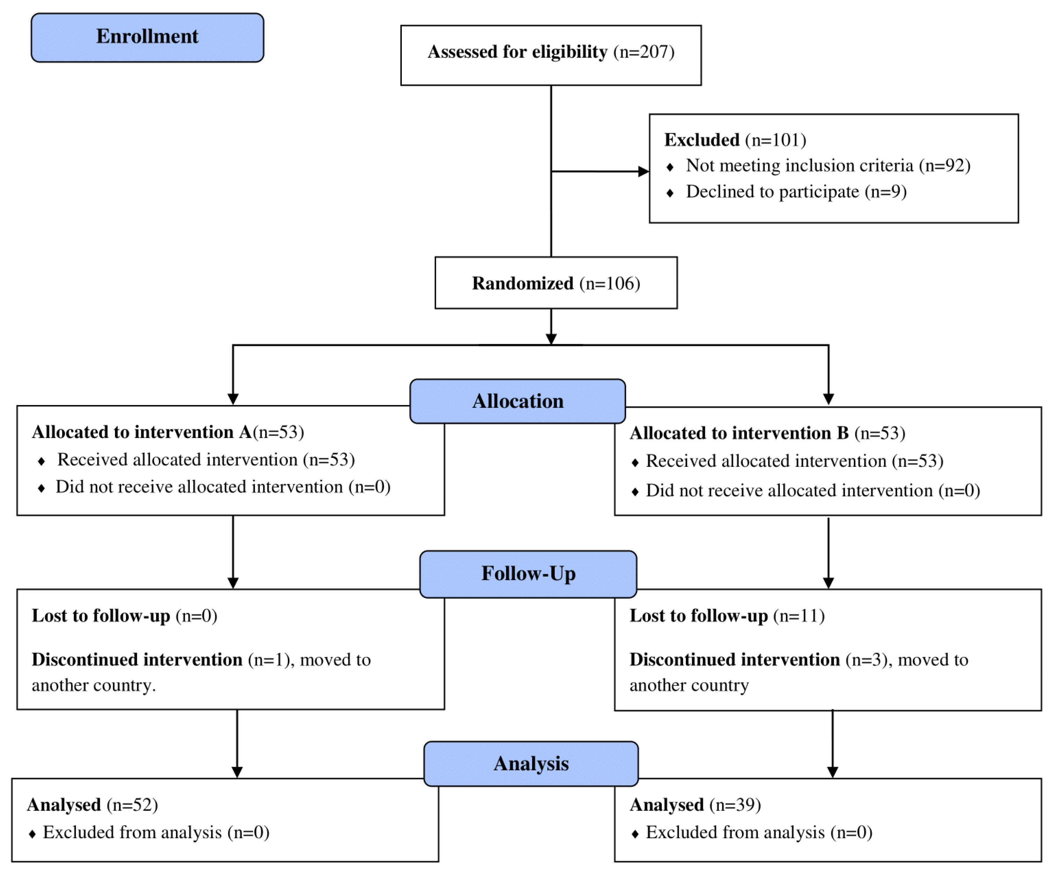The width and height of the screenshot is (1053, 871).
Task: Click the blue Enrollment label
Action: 147,37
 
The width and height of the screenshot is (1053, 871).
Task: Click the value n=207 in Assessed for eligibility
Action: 644,52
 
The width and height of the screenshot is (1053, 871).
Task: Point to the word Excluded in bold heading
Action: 702,140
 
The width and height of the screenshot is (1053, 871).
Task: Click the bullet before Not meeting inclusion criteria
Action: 670,167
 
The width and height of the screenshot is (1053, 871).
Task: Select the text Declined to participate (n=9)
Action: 796,192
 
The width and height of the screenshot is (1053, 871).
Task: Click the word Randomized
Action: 523,283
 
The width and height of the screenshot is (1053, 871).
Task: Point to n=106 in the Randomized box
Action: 610,283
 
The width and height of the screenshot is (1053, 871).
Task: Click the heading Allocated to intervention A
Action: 142,432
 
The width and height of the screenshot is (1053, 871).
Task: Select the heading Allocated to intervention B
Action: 739,433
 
